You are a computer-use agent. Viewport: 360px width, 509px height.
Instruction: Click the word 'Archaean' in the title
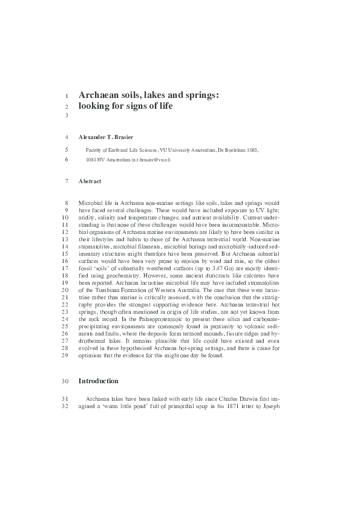click(x=100, y=95)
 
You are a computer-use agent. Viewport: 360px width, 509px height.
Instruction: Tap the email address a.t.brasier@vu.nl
click(x=154, y=160)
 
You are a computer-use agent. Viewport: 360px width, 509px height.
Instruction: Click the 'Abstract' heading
click(x=90, y=181)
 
